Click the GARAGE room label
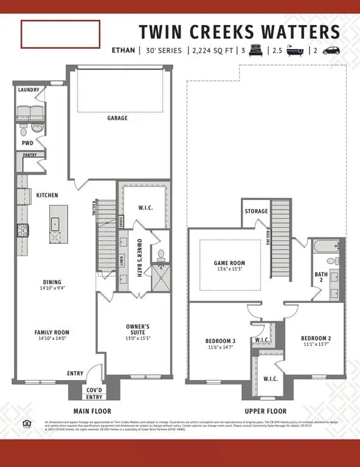click(x=117, y=118)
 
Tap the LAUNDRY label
click(x=29, y=90)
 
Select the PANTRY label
click(x=30, y=155)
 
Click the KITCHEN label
click(x=47, y=195)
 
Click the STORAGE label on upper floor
click(x=256, y=212)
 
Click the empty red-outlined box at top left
click(x=60, y=34)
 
